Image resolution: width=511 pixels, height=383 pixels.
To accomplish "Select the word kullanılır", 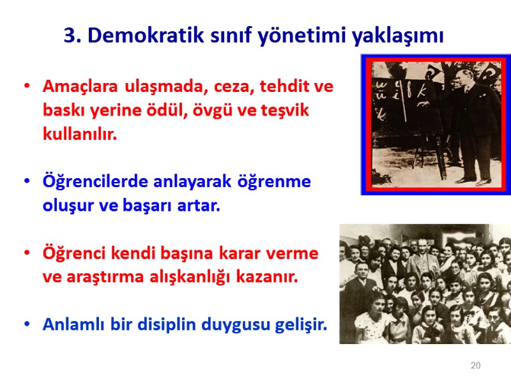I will pyautogui.click(x=80, y=135).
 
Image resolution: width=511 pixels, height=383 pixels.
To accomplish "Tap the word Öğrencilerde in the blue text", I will pyautogui.click(x=96, y=182).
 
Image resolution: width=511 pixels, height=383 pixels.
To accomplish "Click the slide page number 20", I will pyautogui.click(x=475, y=366).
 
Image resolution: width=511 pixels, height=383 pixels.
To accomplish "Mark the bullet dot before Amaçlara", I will pyautogui.click(x=26, y=87).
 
